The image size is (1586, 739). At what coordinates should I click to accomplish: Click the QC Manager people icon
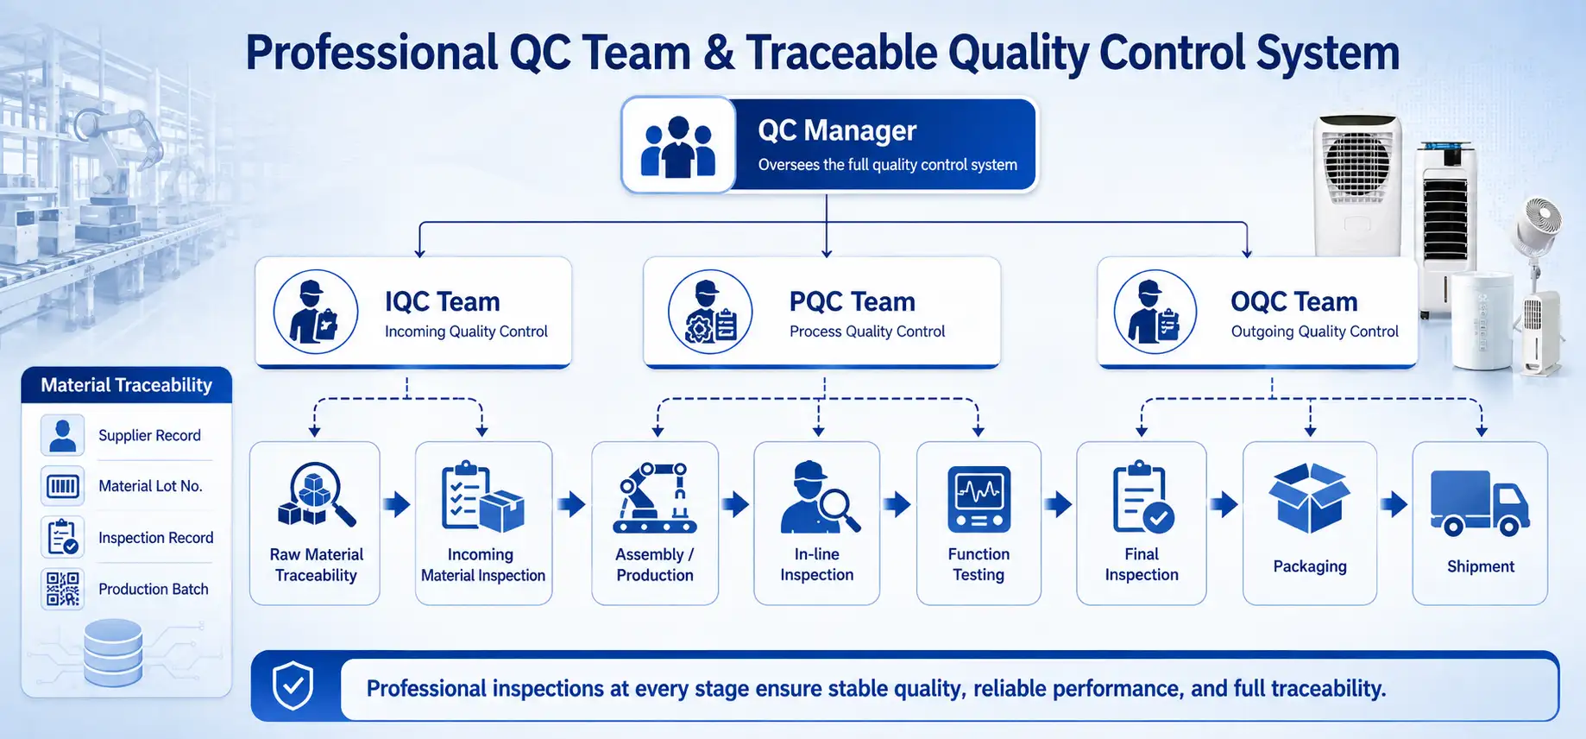pyautogui.click(x=678, y=147)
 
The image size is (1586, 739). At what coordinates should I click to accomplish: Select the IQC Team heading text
pyautogui.click(x=442, y=301)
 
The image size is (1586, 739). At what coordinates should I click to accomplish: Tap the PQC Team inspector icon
pyautogui.click(x=710, y=312)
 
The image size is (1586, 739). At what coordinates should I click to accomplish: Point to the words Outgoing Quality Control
pyautogui.click(x=1314, y=332)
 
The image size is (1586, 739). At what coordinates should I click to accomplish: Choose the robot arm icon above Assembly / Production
pyautogui.click(x=655, y=497)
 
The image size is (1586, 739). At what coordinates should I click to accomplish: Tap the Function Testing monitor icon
pyautogui.click(x=979, y=499)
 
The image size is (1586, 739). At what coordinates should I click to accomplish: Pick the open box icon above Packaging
pyautogui.click(x=1309, y=498)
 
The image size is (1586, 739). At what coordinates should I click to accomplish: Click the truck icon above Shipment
pyautogui.click(x=1480, y=502)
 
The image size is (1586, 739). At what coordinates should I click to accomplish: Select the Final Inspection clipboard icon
pyautogui.click(x=1142, y=497)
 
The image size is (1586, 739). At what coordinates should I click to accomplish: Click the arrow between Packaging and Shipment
pyautogui.click(x=1394, y=504)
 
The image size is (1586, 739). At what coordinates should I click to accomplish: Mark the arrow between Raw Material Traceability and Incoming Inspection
pyautogui.click(x=397, y=504)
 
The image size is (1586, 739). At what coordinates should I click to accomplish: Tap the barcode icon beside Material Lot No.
pyautogui.click(x=62, y=486)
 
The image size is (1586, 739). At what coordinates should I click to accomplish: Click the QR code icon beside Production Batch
pyautogui.click(x=62, y=589)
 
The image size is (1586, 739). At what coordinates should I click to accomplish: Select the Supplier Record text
pyautogui.click(x=149, y=435)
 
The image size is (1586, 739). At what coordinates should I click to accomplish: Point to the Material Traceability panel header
pyautogui.click(x=127, y=385)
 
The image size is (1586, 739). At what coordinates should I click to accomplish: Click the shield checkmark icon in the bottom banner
pyautogui.click(x=293, y=686)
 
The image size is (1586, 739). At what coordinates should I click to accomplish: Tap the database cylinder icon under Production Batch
pyautogui.click(x=113, y=653)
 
